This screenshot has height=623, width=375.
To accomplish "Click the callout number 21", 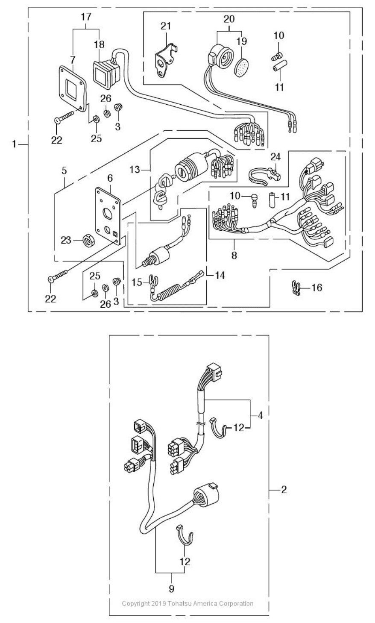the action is point(166,26).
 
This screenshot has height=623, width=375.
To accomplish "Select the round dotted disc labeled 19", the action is point(241,68).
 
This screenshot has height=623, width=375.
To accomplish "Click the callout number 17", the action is point(86,17).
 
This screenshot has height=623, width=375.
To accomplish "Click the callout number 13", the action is point(135,169).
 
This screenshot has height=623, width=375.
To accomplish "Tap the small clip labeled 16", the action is point(296,288).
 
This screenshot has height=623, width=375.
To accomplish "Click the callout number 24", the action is point(275,157).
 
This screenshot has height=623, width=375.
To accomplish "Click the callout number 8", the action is point(234,255).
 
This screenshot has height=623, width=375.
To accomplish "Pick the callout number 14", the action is point(220,275).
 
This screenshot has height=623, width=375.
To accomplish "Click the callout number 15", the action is point(137,282).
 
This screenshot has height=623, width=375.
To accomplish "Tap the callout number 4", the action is point(260,415).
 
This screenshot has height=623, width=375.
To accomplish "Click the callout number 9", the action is point(171,589).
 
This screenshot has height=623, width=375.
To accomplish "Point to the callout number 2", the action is point(284,490).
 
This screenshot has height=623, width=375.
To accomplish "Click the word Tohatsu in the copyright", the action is point(179,603).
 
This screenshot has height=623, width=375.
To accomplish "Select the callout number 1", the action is point(14,144).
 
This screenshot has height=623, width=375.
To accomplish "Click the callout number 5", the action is point(64,170).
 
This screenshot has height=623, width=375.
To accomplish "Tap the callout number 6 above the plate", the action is point(110,178).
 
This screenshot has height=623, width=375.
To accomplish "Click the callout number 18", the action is point(99,44).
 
